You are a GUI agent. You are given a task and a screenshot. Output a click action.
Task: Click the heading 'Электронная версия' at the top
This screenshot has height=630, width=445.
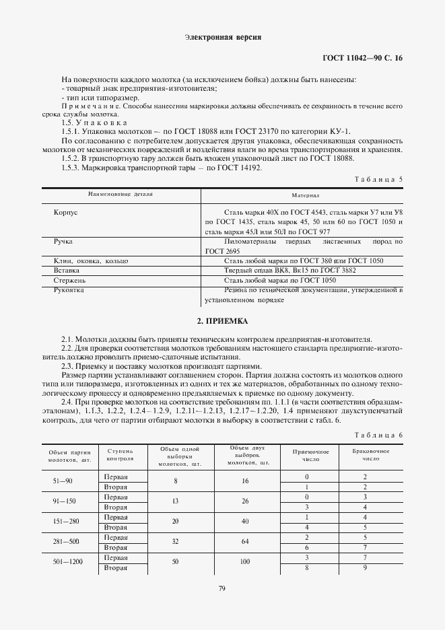222,38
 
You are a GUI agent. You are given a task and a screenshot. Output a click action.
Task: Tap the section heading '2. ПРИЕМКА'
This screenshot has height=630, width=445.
222,321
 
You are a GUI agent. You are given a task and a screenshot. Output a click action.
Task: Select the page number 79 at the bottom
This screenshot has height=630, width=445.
221,590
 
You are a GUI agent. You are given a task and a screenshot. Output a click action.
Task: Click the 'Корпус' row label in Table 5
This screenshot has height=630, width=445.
66,211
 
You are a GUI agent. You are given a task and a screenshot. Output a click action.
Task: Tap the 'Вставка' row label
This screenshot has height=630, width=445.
67,269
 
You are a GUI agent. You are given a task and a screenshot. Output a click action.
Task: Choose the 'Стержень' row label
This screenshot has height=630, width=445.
69,279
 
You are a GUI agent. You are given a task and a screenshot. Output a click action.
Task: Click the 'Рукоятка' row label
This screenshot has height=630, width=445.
69,289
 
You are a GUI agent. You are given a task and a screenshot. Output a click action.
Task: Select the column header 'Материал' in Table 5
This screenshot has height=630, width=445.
305,195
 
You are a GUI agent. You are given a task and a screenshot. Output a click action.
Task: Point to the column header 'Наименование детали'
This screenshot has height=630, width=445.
121,194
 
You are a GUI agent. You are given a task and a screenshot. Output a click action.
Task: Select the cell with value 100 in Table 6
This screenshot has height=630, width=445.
246,563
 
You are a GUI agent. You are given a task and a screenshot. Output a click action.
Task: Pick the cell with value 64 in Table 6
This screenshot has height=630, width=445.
246,542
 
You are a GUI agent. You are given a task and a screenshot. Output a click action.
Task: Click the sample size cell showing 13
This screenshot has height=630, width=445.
176,501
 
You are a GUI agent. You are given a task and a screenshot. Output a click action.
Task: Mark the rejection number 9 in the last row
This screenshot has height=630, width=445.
365,569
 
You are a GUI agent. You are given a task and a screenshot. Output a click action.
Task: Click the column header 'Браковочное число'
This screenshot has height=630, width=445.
365,455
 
